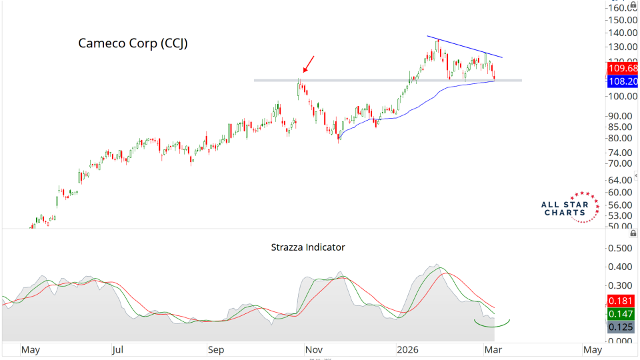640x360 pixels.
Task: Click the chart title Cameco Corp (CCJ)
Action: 133,43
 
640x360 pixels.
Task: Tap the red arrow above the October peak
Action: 307,65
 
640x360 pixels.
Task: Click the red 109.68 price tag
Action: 622,68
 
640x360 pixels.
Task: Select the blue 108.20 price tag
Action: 622,81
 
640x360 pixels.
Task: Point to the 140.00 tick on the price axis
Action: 621,33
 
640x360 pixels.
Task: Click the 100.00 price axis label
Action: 621,96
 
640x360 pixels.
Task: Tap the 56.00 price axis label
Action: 621,205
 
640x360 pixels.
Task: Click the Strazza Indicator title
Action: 308,247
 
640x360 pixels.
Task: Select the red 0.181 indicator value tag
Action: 622,301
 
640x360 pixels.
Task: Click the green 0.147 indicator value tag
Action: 622,313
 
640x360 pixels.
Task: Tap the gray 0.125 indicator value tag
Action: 622,327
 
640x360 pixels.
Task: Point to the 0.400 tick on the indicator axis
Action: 621,267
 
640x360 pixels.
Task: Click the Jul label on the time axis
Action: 118,349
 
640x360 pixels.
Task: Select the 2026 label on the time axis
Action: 407,349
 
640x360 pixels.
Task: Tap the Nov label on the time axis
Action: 313,349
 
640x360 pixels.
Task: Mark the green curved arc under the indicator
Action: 491,325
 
